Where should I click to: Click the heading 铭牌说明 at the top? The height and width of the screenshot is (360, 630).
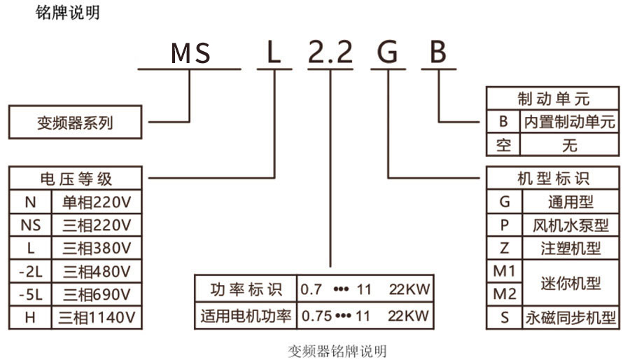tap(67, 13)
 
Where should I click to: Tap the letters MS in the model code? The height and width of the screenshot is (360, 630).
tap(191, 54)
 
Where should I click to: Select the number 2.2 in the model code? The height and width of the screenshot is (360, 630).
tap(330, 54)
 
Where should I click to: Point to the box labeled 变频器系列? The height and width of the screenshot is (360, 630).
tap(75, 123)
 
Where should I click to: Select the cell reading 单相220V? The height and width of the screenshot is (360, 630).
tap(97, 202)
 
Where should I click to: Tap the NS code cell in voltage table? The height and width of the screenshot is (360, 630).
tap(30, 225)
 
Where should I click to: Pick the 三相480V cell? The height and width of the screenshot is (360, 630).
tap(97, 271)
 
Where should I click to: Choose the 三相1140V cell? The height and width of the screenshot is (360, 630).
tap(97, 317)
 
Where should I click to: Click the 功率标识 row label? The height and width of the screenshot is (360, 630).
tap(246, 289)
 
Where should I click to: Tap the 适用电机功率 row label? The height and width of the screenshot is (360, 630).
tap(246, 315)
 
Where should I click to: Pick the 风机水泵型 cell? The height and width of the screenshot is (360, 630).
tap(570, 226)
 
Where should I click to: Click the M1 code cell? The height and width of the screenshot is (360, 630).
tap(504, 270)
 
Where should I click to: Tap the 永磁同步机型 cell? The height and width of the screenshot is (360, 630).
tap(570, 317)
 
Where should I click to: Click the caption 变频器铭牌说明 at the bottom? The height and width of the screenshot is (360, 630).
tap(337, 350)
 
